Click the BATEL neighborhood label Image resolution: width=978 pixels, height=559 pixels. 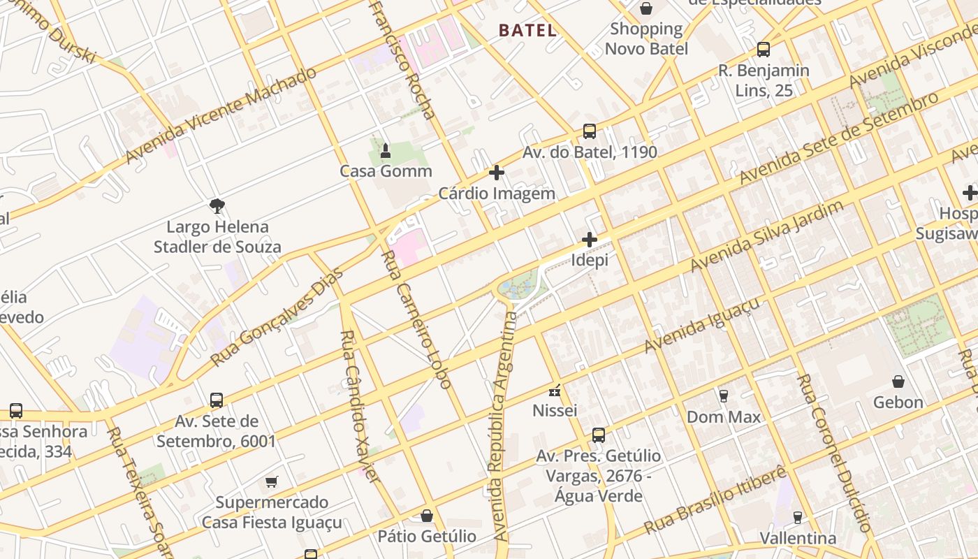[x=527, y=30]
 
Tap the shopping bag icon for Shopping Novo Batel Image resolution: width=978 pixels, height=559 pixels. [x=646, y=8]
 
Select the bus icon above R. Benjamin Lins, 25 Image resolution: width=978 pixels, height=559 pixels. [x=764, y=50]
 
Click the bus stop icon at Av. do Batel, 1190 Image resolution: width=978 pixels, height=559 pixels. [x=590, y=131]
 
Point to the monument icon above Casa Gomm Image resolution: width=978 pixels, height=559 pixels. [x=385, y=150]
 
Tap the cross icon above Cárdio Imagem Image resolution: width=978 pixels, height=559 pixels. [x=497, y=173]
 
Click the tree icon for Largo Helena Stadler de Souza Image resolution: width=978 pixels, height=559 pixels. [x=217, y=205]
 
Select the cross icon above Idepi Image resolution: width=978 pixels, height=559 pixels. [x=590, y=240]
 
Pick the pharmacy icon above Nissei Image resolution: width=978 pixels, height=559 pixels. [x=555, y=391]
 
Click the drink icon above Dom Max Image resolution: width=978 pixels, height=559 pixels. [x=724, y=396]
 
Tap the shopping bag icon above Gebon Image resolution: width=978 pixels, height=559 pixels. [x=898, y=382]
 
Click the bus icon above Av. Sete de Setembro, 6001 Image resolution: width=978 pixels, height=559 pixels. [x=217, y=400]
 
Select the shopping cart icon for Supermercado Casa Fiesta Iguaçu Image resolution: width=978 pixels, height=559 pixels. [x=271, y=481]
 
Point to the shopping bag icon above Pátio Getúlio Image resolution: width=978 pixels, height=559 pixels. [x=427, y=516]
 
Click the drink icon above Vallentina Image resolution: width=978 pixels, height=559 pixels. [x=797, y=518]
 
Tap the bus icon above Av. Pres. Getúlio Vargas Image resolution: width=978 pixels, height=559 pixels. [x=598, y=435]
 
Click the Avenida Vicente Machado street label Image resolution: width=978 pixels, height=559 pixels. [x=221, y=115]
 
